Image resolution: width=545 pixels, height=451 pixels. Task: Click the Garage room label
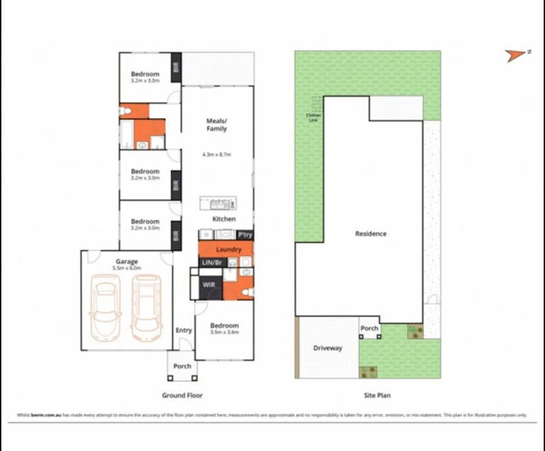126,261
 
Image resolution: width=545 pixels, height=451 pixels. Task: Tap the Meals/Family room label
217,125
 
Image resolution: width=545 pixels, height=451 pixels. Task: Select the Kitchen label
224,219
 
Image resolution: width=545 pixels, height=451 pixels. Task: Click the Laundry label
228,250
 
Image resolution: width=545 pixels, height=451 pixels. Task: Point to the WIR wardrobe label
209,285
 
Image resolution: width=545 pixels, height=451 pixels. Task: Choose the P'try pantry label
245,235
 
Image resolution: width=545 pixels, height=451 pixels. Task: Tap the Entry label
184,330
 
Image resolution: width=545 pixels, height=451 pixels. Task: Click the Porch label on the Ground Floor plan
182,366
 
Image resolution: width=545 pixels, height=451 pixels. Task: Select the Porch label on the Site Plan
369,328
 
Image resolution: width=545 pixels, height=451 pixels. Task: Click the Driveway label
327,348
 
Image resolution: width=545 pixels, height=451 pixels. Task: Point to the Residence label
371,233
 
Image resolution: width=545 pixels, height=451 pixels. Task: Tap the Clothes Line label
313,117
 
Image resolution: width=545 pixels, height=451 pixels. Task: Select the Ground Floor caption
182,396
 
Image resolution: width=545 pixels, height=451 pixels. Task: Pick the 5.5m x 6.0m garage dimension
126,268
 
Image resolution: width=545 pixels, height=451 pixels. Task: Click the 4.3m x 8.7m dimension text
217,155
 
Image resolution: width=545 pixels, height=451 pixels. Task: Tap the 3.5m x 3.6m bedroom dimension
224,332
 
